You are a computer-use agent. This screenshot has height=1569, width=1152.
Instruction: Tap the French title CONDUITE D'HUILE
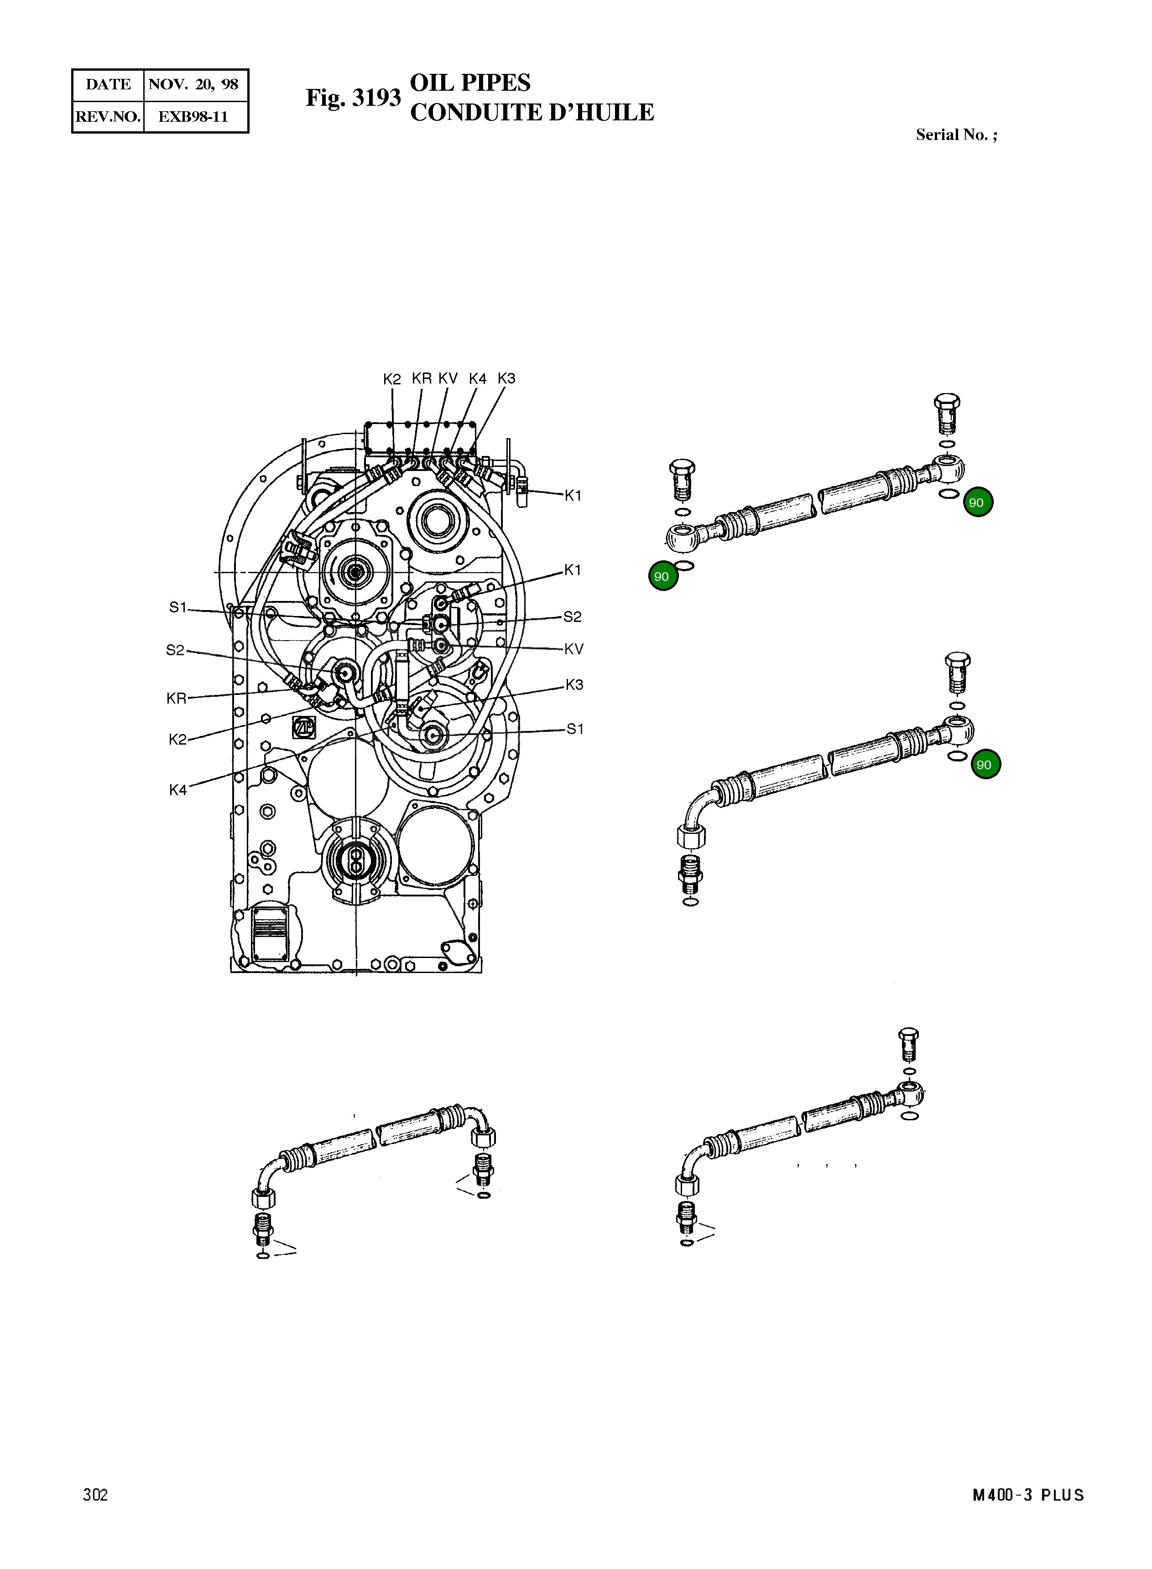tap(532, 112)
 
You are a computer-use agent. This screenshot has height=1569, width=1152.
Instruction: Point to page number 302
tap(95, 1494)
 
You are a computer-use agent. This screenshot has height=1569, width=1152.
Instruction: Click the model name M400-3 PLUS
tap(1028, 1494)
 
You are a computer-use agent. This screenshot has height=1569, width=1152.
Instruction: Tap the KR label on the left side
tap(177, 698)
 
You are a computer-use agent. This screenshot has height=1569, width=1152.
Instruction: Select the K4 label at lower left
tap(178, 790)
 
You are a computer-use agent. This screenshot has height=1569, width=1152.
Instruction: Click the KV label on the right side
tap(573, 649)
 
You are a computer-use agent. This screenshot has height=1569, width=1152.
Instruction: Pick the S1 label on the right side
tap(574, 729)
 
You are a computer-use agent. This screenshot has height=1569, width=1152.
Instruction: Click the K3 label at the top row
tap(506, 378)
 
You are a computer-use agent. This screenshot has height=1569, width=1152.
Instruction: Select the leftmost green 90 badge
tap(662, 576)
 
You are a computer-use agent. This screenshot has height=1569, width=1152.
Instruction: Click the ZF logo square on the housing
tap(304, 726)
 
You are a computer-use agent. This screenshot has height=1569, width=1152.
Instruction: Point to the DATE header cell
tap(108, 84)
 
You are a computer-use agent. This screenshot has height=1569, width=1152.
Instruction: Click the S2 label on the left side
tap(175, 650)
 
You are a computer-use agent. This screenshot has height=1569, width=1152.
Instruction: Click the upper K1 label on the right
tap(573, 496)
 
